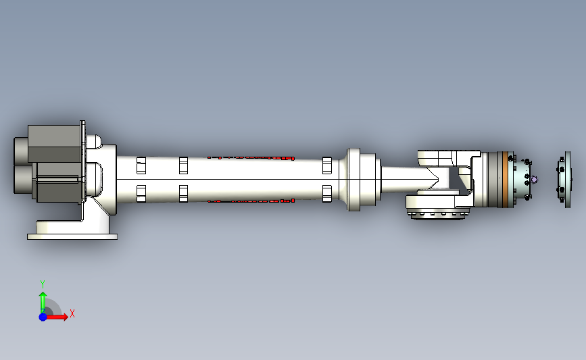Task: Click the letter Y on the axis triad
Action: (x=42, y=284)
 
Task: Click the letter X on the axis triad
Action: (x=72, y=313)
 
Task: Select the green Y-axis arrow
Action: (x=43, y=303)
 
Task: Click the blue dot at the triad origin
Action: (x=43, y=317)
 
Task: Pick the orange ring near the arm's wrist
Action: (x=506, y=179)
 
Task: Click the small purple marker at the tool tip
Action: (x=535, y=180)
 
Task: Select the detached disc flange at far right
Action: (x=564, y=180)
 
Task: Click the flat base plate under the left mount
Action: (x=72, y=237)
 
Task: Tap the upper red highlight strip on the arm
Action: (x=251, y=158)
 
